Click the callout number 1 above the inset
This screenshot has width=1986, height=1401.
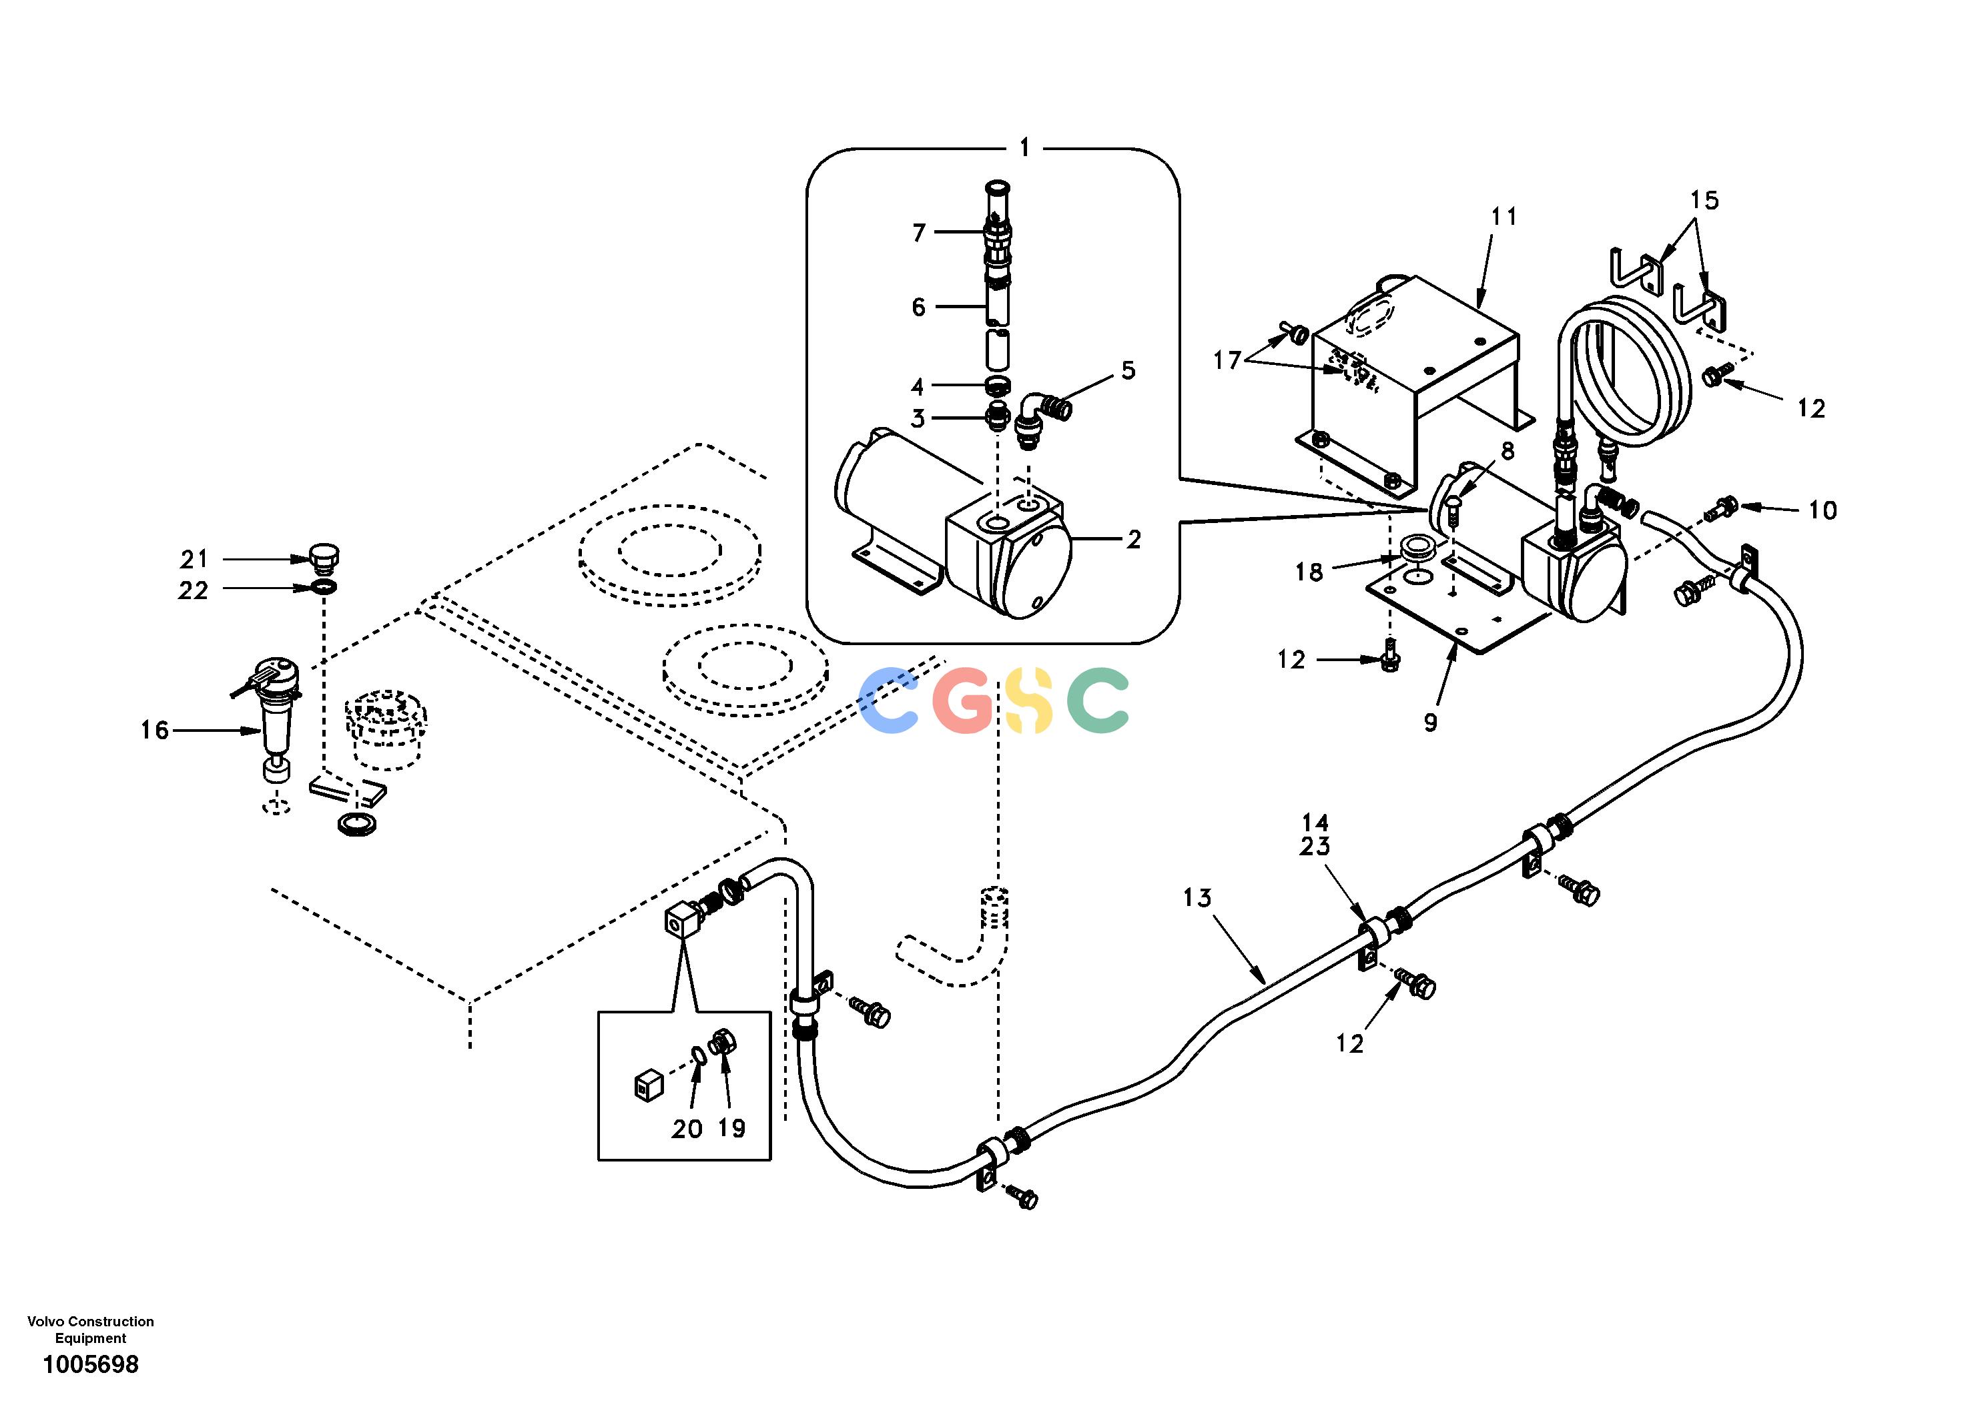1024,148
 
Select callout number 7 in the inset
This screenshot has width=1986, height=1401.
919,233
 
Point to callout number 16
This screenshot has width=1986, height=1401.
155,731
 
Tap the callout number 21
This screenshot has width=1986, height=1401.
194,560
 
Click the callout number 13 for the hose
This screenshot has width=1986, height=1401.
1198,899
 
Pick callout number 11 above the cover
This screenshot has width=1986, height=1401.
1504,216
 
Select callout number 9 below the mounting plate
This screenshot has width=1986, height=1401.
1431,722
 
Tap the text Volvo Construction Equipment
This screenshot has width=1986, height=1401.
91,1329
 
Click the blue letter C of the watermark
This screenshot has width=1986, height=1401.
888,700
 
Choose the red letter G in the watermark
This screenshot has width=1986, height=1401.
963,700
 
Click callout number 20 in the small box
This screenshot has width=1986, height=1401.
687,1129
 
